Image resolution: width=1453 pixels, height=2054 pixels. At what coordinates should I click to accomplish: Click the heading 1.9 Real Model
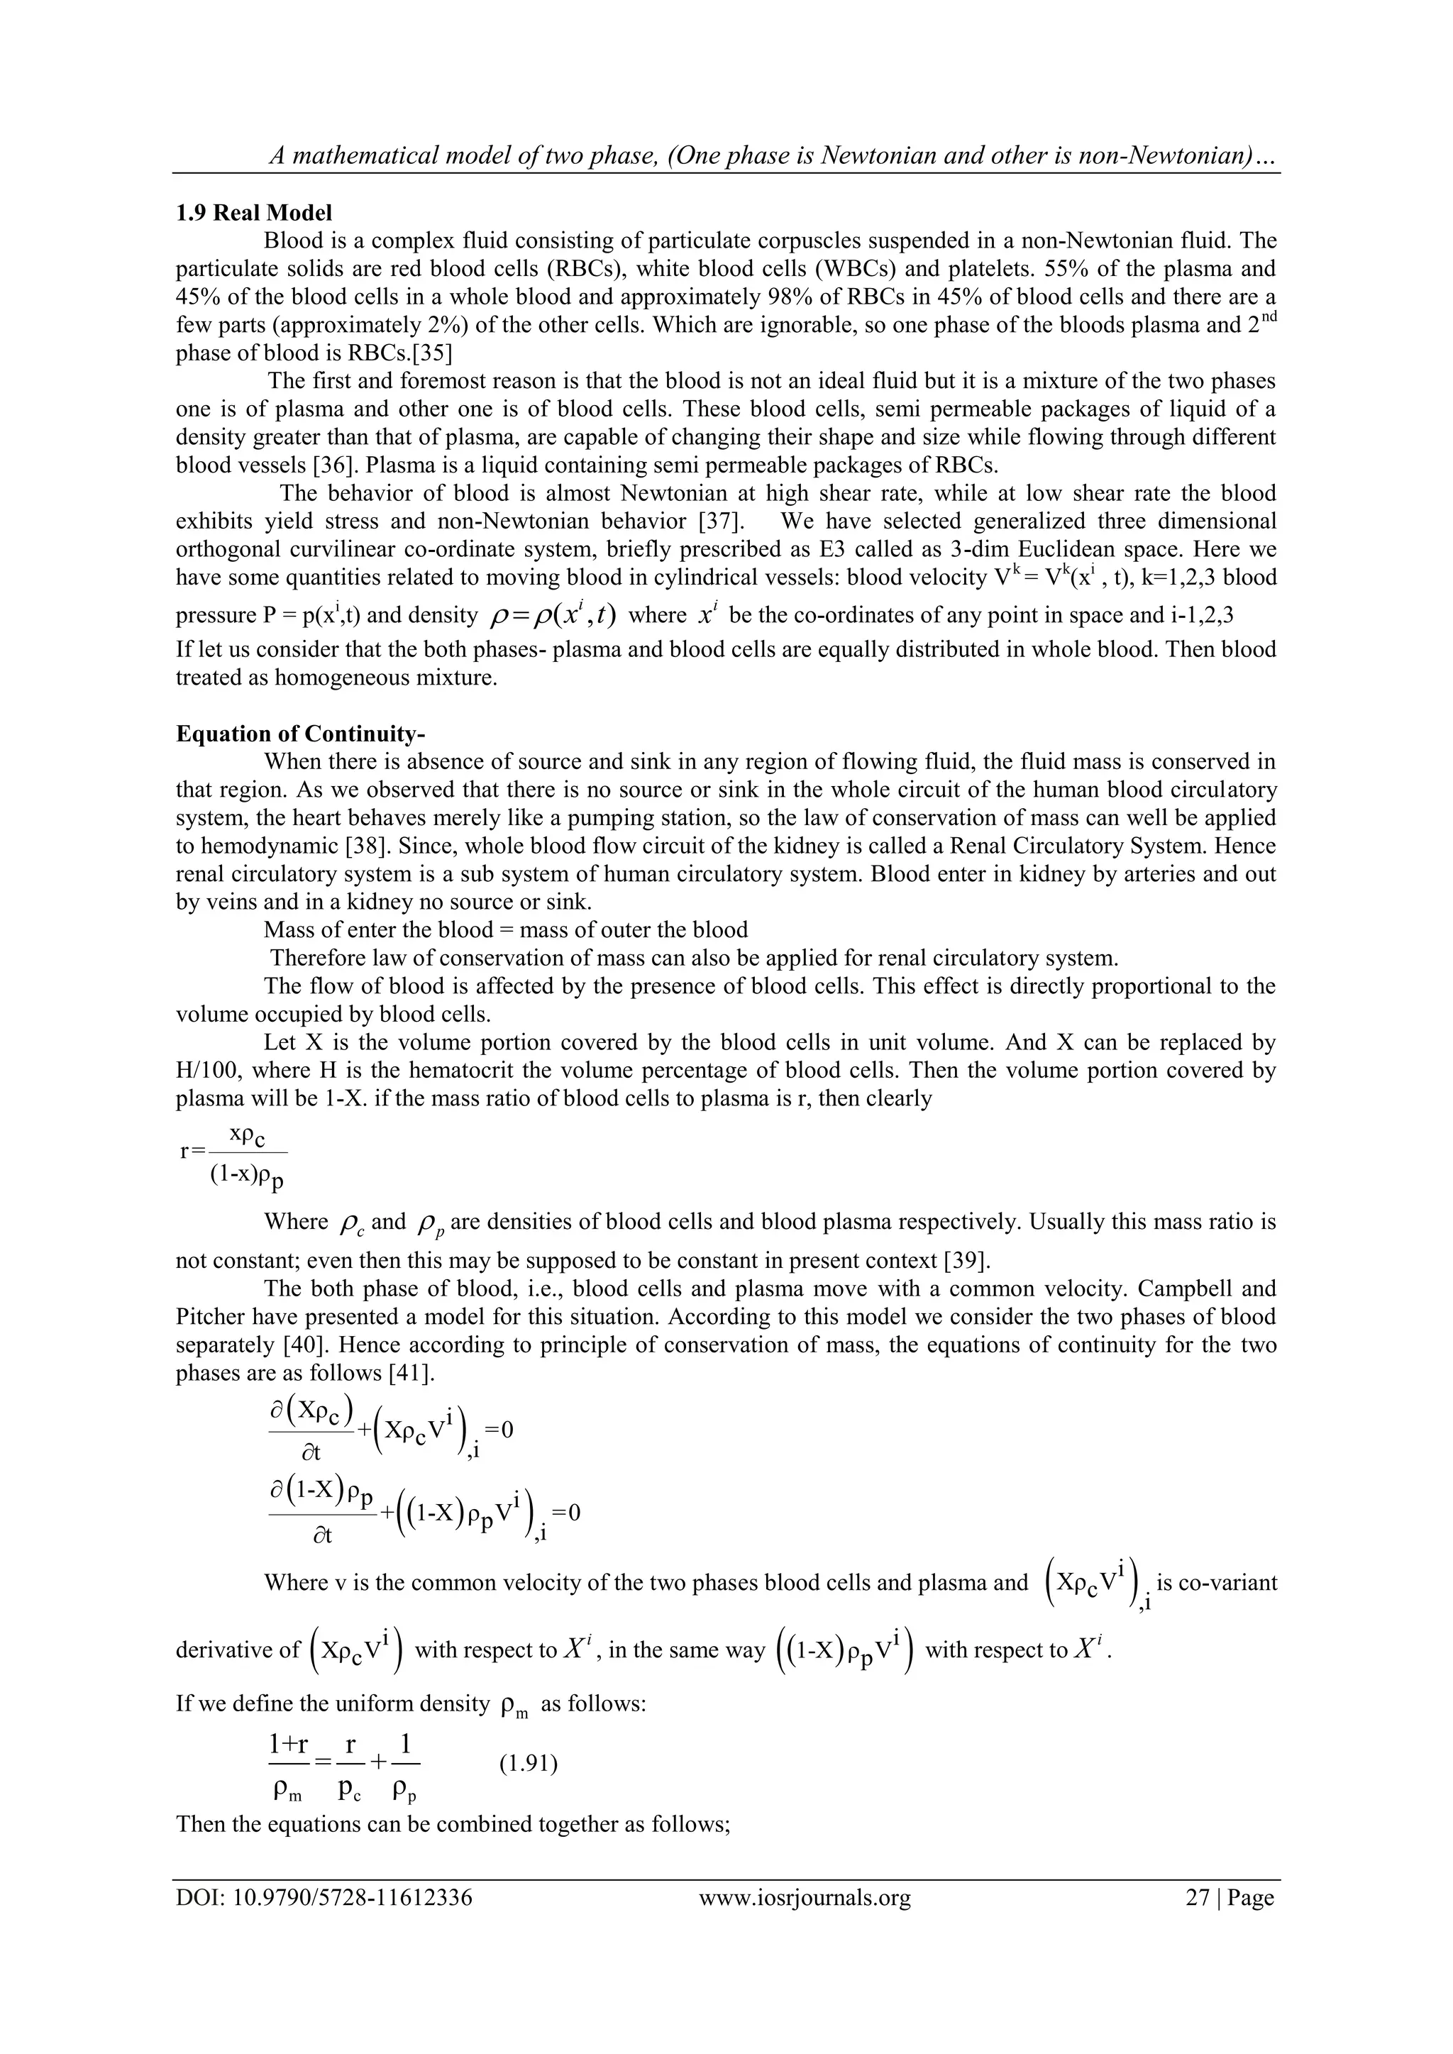point(253,213)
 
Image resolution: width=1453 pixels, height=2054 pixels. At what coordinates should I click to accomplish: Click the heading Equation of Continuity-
point(299,734)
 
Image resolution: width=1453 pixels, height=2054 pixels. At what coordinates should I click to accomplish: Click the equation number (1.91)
point(528,1763)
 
